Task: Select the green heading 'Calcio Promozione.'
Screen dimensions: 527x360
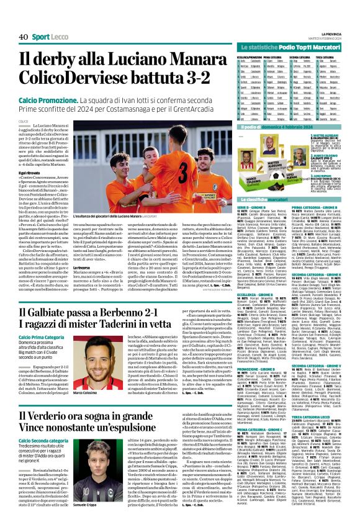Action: (47, 100)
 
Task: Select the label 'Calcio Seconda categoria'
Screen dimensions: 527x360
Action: (45, 457)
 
